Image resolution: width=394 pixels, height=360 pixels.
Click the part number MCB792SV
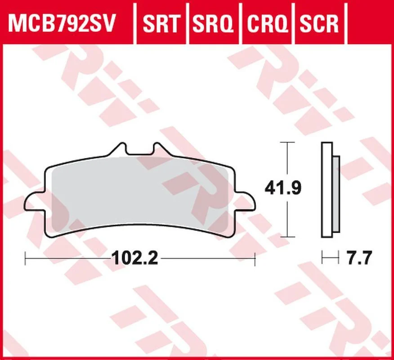pyautogui.click(x=61, y=23)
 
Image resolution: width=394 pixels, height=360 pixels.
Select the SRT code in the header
pyautogui.click(x=161, y=23)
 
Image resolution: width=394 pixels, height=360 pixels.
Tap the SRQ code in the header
pyautogui.click(x=213, y=23)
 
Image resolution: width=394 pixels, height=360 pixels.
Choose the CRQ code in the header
pyautogui.click(x=267, y=23)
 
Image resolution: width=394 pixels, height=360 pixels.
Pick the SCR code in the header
pyautogui.click(x=319, y=23)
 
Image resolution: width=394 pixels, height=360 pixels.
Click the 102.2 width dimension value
pyautogui.click(x=136, y=258)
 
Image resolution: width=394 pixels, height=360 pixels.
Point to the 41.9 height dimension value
pyautogui.click(x=283, y=188)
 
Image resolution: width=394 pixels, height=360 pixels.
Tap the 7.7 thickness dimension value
pyautogui.click(x=359, y=257)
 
